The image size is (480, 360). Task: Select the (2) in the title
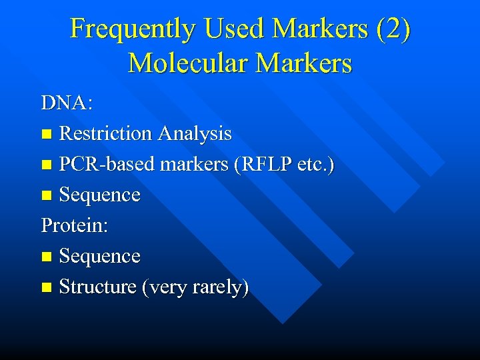click(x=393, y=29)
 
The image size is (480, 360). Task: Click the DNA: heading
click(x=67, y=103)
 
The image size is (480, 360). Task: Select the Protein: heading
click(x=75, y=225)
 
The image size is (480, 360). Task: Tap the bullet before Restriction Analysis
click(x=46, y=135)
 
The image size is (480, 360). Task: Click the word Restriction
click(x=105, y=134)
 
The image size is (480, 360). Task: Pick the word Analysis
click(x=195, y=134)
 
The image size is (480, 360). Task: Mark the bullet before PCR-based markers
click(x=46, y=165)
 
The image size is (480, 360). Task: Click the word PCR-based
click(x=105, y=165)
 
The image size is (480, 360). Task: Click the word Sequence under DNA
click(x=99, y=195)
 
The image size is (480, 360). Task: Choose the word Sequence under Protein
click(x=99, y=256)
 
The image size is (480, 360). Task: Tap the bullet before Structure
click(x=46, y=288)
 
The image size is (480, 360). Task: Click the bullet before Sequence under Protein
click(x=46, y=257)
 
